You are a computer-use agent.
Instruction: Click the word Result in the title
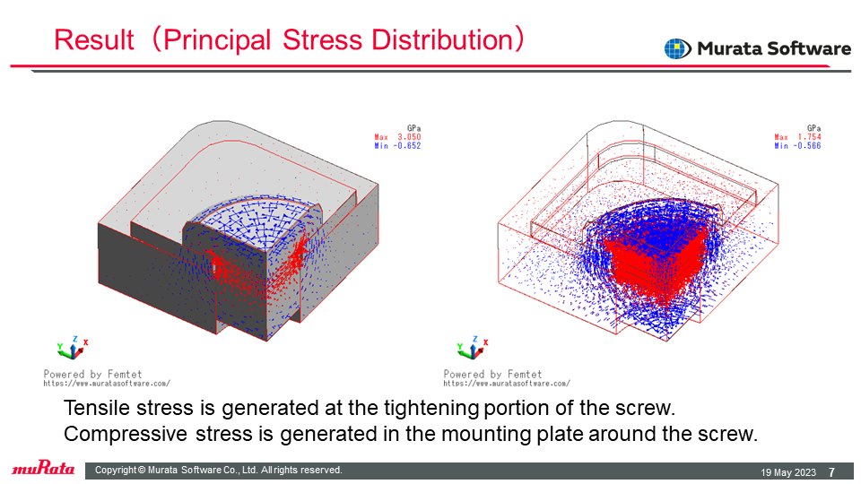(94, 40)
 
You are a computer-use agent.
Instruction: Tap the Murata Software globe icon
(677, 48)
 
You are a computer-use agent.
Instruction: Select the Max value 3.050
(409, 137)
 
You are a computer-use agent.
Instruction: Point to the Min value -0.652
(407, 146)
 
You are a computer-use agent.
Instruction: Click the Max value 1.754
(809, 137)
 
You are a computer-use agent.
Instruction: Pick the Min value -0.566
(807, 146)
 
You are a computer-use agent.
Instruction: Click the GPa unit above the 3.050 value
(414, 128)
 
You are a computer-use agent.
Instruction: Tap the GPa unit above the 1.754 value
(813, 128)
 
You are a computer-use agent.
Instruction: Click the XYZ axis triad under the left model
(73, 348)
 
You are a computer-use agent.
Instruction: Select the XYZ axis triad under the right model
(473, 348)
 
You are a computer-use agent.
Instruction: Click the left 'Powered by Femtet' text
(92, 374)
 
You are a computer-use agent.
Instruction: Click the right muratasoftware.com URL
(507, 384)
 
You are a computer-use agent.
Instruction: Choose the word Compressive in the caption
(126, 434)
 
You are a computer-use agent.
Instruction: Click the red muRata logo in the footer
(43, 468)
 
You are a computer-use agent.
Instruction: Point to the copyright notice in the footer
(219, 471)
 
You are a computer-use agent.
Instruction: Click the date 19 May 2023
(788, 472)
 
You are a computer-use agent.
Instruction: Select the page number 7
(832, 472)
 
